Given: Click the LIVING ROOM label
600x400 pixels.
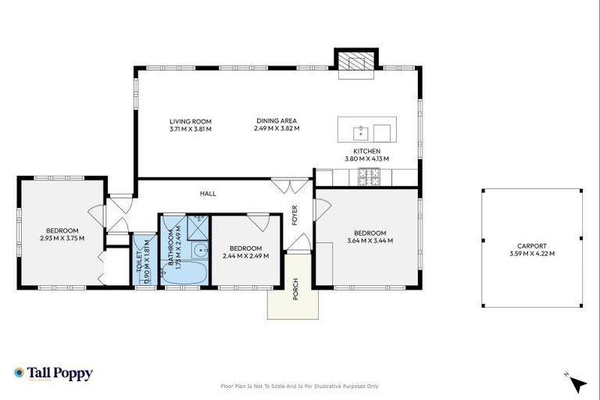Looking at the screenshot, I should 191,121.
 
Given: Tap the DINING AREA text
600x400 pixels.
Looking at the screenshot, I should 277,121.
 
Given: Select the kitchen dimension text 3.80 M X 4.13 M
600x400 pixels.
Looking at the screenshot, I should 366,159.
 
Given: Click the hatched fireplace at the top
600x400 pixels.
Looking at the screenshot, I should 356,62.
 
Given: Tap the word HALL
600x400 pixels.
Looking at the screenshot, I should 208,194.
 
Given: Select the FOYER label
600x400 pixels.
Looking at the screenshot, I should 295,215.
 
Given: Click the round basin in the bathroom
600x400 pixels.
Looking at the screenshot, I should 199,252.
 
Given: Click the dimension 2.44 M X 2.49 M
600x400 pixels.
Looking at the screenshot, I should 245,255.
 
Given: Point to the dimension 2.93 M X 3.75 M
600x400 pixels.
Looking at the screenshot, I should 62,238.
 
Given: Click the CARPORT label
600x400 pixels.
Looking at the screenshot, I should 531,245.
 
